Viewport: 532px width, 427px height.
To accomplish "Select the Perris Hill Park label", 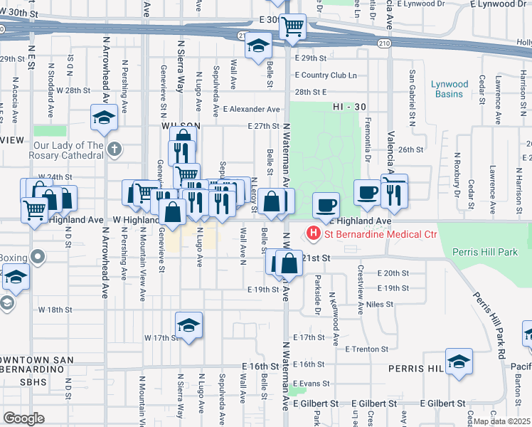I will pos(487,252).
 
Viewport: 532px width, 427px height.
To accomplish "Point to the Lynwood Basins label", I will pos(449,89).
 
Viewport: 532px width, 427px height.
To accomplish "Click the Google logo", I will pos(23,418).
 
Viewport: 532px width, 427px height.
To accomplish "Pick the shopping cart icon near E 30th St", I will pos(292,28).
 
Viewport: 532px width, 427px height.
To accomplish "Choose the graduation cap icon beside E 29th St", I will pos(258,47).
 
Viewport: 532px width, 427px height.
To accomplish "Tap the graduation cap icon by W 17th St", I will pos(188,325).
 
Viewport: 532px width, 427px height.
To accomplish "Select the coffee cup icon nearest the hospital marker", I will pos(326,206).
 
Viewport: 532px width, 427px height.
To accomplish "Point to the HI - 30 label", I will pos(349,107).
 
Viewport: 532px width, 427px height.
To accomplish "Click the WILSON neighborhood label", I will pos(179,125).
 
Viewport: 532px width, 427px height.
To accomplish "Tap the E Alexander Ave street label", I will pos(251,110).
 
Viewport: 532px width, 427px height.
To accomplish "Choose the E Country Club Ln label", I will pos(325,75).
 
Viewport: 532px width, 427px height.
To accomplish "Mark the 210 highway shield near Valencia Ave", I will pos(385,43).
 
